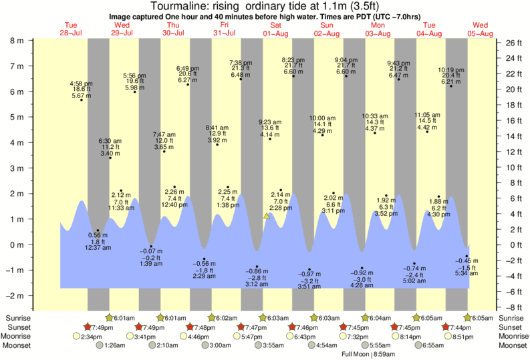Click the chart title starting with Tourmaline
(265, 6)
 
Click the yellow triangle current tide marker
(266, 216)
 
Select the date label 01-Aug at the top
(275, 33)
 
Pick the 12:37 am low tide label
(98, 241)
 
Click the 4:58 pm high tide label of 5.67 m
(82, 89)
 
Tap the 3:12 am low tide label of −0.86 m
(257, 278)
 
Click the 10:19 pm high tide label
(451, 75)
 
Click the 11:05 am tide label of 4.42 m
(427, 121)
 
